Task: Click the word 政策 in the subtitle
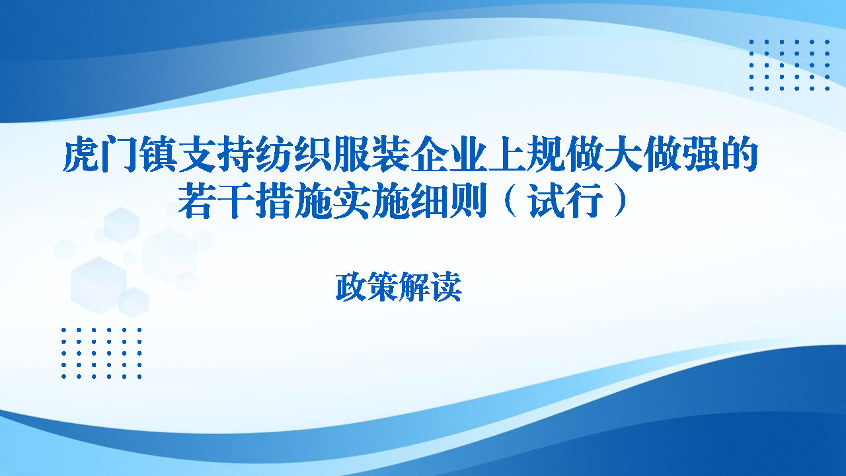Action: pos(367,288)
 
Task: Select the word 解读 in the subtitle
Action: pos(430,288)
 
